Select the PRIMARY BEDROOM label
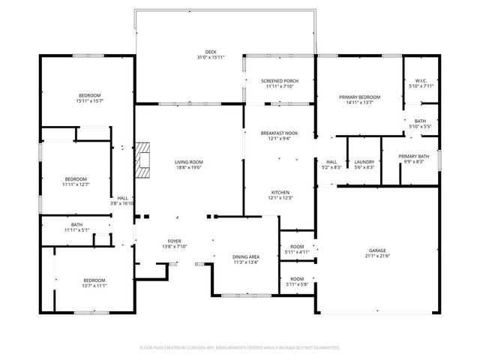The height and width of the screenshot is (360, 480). (x=359, y=97)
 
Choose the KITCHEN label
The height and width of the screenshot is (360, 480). (x=280, y=192)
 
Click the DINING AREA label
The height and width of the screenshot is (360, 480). (x=245, y=257)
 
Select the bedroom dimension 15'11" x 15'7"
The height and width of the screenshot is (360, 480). (x=90, y=100)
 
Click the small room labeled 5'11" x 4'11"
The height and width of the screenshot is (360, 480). (x=297, y=252)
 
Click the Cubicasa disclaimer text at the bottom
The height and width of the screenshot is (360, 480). (x=240, y=347)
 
